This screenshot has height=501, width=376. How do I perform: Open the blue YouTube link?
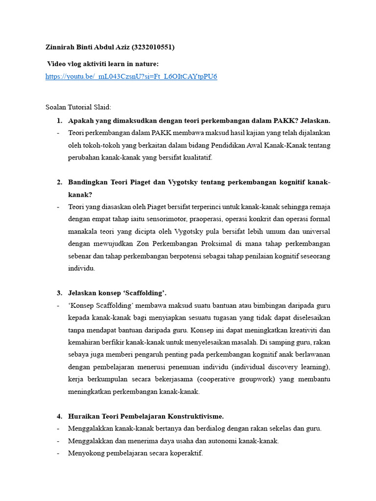coord(131,76)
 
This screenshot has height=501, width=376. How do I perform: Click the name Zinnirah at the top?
coord(61,47)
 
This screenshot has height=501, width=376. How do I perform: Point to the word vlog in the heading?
coord(76,64)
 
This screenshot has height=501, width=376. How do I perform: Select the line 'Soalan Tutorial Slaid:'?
coord(78,107)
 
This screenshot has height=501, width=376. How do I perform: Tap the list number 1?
coord(59,120)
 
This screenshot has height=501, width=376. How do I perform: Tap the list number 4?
coord(59,416)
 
